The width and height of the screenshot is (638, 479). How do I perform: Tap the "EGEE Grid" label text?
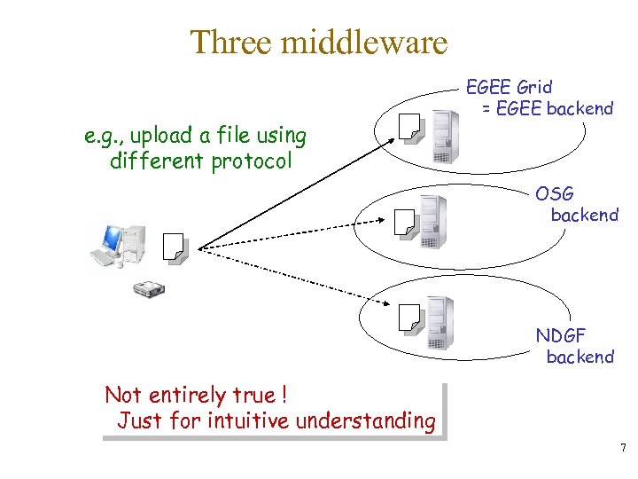point(509,87)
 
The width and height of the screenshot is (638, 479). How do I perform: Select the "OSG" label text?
point(554,193)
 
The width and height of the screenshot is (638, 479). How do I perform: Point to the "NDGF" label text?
point(561,335)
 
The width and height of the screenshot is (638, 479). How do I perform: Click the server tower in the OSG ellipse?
point(432,221)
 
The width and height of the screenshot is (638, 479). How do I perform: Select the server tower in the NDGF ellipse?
point(438,323)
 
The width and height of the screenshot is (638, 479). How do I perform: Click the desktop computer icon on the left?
point(114,244)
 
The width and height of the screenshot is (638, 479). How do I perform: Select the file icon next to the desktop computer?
point(175,249)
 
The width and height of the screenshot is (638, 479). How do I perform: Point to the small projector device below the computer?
point(148,288)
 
